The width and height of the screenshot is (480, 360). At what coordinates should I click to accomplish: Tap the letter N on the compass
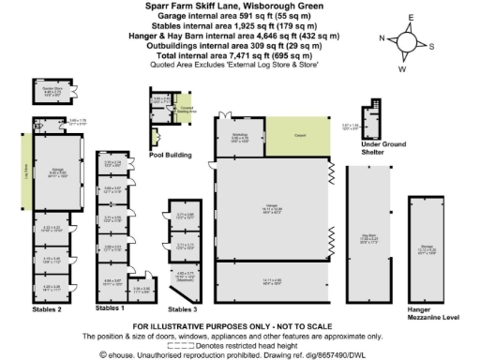coord(381,38)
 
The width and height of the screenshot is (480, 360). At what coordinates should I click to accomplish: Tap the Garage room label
coord(57,172)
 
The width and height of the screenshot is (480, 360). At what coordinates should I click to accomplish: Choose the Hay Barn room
coord(367,239)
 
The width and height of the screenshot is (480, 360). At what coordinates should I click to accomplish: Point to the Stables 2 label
coord(46,307)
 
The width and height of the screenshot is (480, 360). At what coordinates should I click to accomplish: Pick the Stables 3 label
coord(183,307)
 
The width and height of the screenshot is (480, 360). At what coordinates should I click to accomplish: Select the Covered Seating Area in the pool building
coord(185,107)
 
